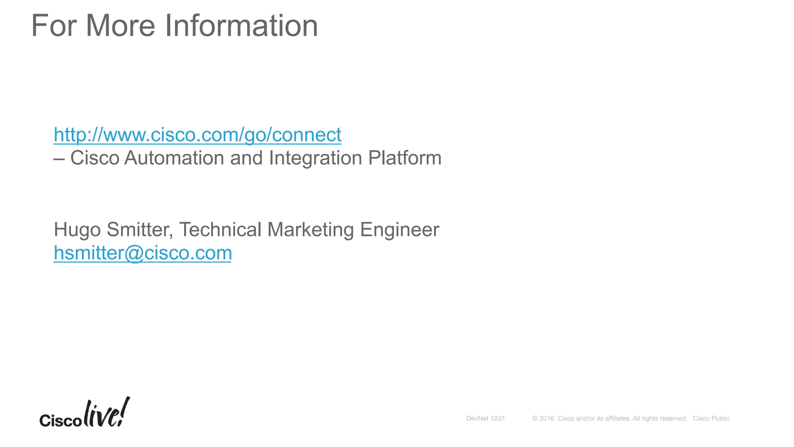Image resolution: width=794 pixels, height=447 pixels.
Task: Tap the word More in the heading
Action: coord(120,26)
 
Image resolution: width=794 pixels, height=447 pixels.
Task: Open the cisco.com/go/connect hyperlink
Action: coord(197,135)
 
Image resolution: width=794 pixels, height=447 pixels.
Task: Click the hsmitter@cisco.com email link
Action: coord(143,253)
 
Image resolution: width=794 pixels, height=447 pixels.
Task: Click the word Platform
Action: coord(405,158)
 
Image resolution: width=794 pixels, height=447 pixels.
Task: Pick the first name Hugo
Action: coord(77,230)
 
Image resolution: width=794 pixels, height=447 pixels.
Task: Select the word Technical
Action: coord(220,230)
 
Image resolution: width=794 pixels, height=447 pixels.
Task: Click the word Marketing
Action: coord(311,230)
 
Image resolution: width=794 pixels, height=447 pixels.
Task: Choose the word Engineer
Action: coord(399,230)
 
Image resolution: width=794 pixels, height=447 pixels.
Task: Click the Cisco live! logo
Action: coord(85,413)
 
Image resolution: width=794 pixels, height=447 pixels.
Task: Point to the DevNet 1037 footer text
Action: coord(485,418)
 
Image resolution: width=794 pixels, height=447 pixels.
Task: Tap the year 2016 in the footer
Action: coord(547,418)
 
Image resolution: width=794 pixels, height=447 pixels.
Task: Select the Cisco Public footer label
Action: coord(711,418)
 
